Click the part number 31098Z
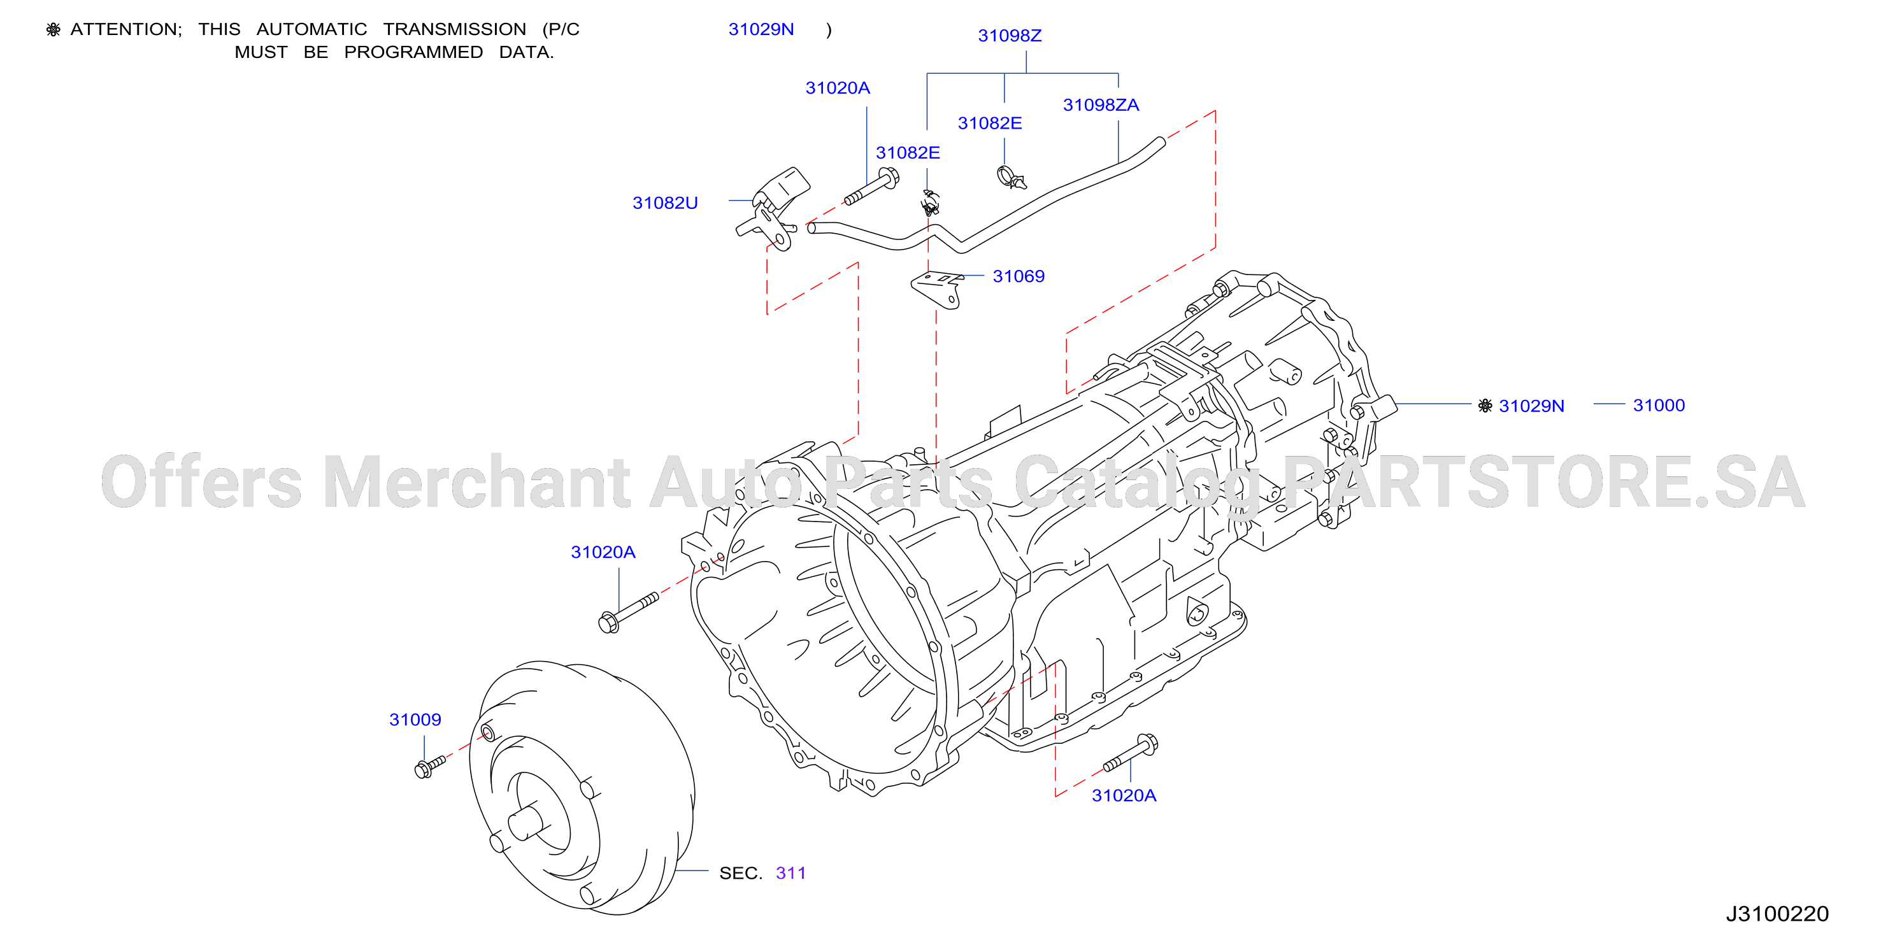point(1010,36)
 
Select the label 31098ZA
point(1100,105)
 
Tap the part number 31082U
point(664,203)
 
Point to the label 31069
point(1018,276)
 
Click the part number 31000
point(1658,405)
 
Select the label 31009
point(415,720)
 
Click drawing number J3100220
point(1777,914)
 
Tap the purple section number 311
point(790,874)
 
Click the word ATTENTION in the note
point(125,29)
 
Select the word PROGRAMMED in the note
point(413,52)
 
